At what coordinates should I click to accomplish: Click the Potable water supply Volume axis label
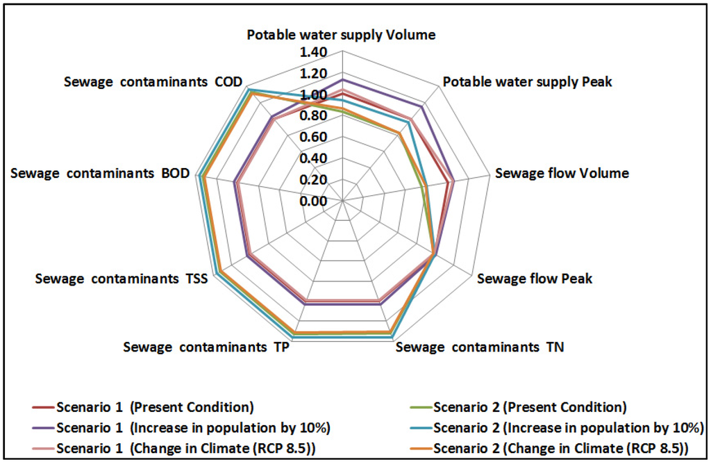[342, 35]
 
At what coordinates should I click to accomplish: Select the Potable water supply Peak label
[528, 82]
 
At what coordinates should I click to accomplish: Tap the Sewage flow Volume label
[562, 173]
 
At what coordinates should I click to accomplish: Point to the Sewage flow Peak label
[535, 279]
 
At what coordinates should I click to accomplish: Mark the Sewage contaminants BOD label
[100, 173]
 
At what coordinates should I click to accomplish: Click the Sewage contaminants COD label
[153, 82]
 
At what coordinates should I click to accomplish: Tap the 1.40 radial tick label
[313, 53]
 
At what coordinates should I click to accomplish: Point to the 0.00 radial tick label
[313, 201]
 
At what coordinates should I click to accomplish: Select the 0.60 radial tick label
[313, 138]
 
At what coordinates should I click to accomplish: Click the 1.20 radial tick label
[313, 74]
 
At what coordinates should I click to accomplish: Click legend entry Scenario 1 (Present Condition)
[155, 406]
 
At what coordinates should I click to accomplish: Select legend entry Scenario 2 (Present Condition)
[530, 406]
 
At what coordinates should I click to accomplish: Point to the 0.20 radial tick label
[313, 180]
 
